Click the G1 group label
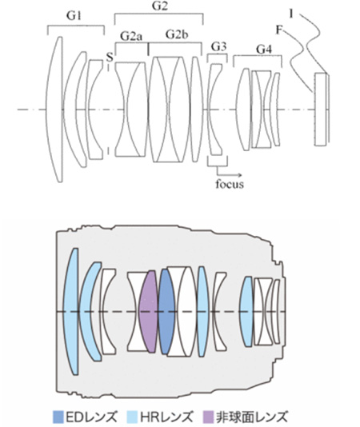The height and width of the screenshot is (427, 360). (x=74, y=16)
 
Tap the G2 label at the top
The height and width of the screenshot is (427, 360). (x=159, y=6)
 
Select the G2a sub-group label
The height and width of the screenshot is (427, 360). (x=131, y=36)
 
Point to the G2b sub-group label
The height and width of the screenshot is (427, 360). (x=177, y=34)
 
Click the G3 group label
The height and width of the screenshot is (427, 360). (x=218, y=47)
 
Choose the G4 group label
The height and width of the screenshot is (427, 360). (x=264, y=50)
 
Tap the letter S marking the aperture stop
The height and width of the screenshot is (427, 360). (x=110, y=58)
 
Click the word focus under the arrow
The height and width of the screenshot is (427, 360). (x=230, y=184)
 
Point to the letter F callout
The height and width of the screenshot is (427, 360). (x=278, y=30)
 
